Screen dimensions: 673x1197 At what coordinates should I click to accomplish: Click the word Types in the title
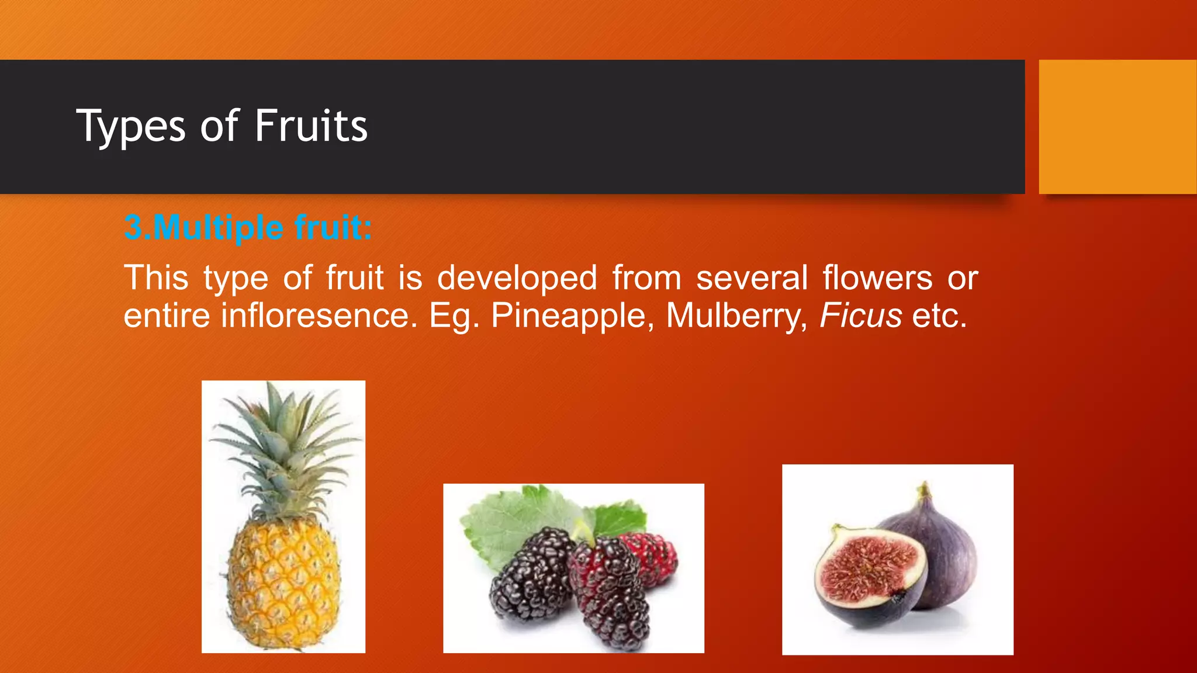pos(131,127)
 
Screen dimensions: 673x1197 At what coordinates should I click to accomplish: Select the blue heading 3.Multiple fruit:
pos(248,228)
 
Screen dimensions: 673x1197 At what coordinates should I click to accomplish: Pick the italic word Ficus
pos(860,316)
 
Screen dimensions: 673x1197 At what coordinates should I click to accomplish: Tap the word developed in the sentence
pos(517,278)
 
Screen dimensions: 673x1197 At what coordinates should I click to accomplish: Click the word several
pos(752,278)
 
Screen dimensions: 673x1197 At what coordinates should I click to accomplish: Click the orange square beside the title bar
pos(1117,127)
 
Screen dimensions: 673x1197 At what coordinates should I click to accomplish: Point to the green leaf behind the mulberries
pos(514,520)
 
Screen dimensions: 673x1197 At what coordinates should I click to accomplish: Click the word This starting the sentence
pos(155,278)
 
